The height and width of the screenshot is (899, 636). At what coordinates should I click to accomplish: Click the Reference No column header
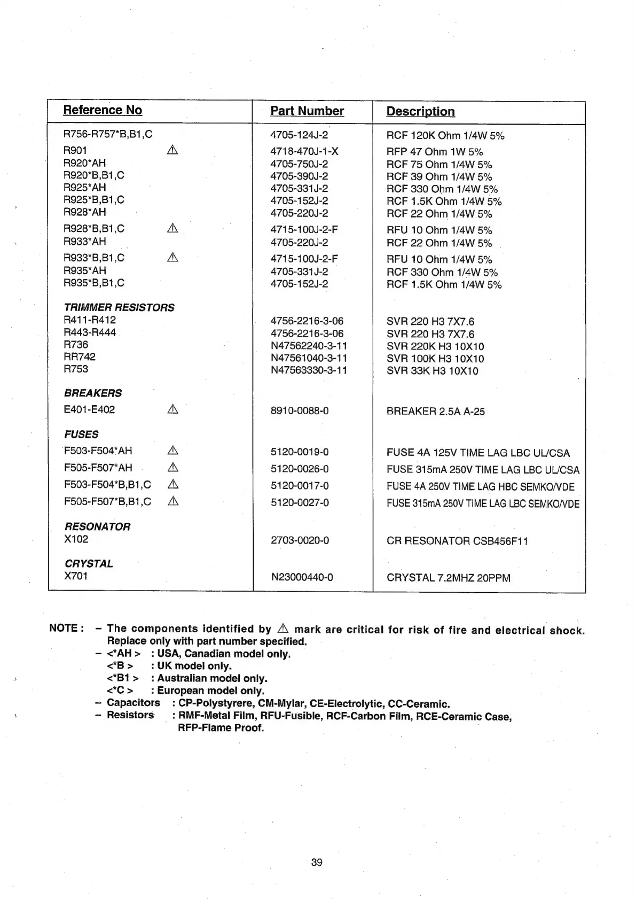[103, 110]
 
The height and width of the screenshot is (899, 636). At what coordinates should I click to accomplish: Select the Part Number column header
[307, 111]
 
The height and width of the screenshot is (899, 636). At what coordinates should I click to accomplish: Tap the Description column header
[420, 112]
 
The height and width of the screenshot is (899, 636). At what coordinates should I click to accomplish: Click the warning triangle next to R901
[172, 150]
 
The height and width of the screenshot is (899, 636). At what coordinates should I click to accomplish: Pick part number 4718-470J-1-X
[304, 151]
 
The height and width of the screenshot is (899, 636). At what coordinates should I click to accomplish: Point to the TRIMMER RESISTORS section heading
[119, 307]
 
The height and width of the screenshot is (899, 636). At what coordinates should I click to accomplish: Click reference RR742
[80, 356]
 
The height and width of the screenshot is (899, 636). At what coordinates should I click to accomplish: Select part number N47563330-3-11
[309, 370]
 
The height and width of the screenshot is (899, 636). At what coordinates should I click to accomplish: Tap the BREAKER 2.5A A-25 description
[435, 411]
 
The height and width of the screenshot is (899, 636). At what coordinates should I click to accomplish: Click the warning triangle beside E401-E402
[172, 409]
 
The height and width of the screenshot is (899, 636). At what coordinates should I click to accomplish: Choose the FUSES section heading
[81, 435]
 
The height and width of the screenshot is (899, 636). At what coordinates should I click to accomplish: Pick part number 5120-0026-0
[300, 469]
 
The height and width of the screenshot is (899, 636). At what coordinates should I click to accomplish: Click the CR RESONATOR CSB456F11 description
[457, 540]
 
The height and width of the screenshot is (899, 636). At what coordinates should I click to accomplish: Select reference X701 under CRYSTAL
[76, 576]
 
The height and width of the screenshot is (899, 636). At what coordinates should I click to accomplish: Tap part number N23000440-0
[302, 577]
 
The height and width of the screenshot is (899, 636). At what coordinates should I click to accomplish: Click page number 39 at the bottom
[317, 862]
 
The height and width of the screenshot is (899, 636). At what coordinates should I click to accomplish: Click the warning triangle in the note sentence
[283, 629]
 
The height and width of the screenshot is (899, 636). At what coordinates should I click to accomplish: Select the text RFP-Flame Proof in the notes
[221, 727]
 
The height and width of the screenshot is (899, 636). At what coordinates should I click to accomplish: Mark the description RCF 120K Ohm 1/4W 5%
[445, 136]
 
